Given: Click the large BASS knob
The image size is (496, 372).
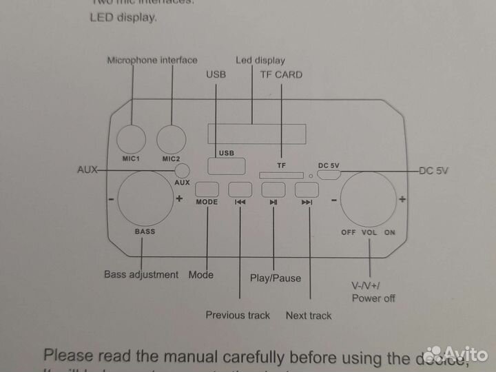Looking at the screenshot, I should point(145,199).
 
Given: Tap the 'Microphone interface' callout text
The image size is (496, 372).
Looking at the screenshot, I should point(152,61).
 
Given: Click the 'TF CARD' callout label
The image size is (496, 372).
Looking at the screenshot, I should point(281,74).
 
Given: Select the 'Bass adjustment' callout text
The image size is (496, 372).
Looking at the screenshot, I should point(141,274).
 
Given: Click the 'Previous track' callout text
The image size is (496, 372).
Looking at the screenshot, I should point(238,316).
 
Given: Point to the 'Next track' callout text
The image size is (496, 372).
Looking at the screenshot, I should point(309,316).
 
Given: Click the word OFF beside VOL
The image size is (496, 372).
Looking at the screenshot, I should point(349,232).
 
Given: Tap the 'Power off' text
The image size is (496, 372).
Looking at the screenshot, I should point(373,298).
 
